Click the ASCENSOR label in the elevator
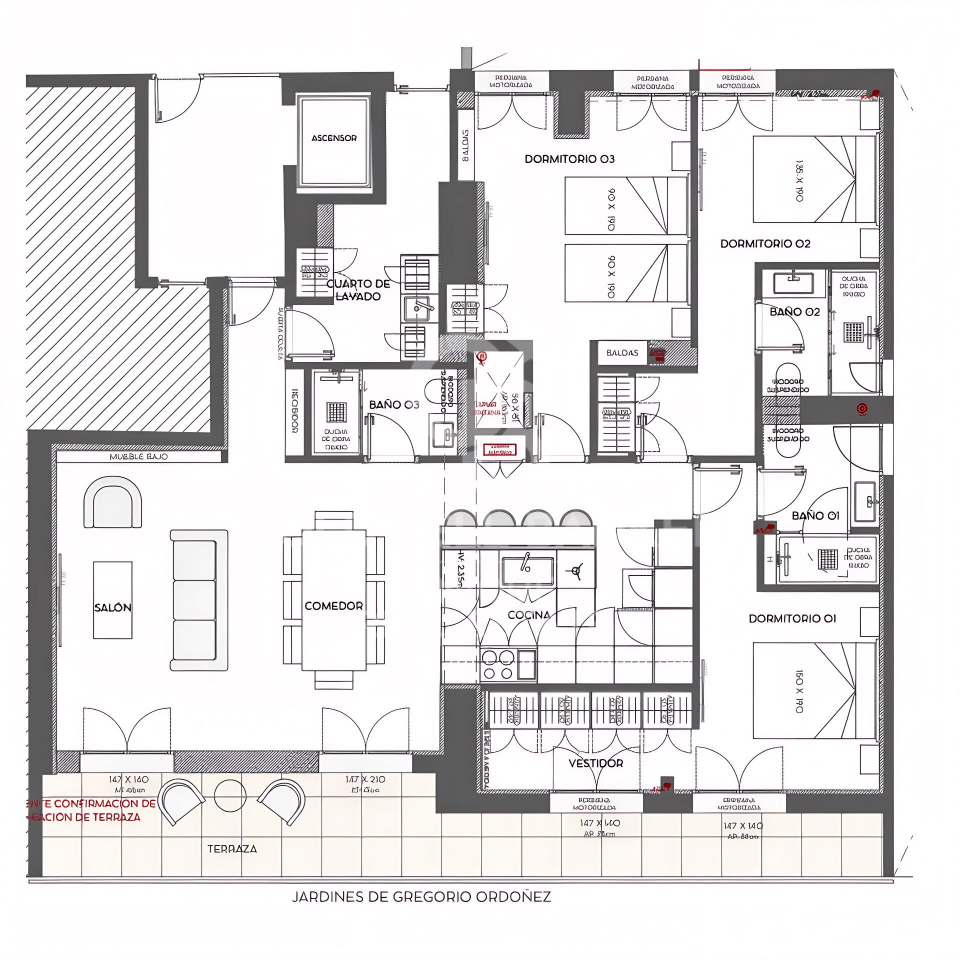click(x=334, y=138)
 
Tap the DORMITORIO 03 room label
click(x=569, y=159)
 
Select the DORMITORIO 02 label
click(x=765, y=243)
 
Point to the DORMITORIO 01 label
click(x=792, y=618)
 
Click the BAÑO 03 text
click(x=393, y=404)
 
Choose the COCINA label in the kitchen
click(x=528, y=615)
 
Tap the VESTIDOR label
click(x=595, y=763)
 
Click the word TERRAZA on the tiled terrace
click(x=232, y=848)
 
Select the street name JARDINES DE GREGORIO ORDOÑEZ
click(x=421, y=896)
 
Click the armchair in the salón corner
click(x=112, y=502)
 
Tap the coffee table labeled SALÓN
click(x=113, y=600)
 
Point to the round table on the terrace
click(x=230, y=795)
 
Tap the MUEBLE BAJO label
click(x=138, y=456)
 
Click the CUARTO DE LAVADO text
click(x=358, y=290)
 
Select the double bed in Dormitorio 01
click(x=814, y=690)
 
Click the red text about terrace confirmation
click(x=91, y=810)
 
